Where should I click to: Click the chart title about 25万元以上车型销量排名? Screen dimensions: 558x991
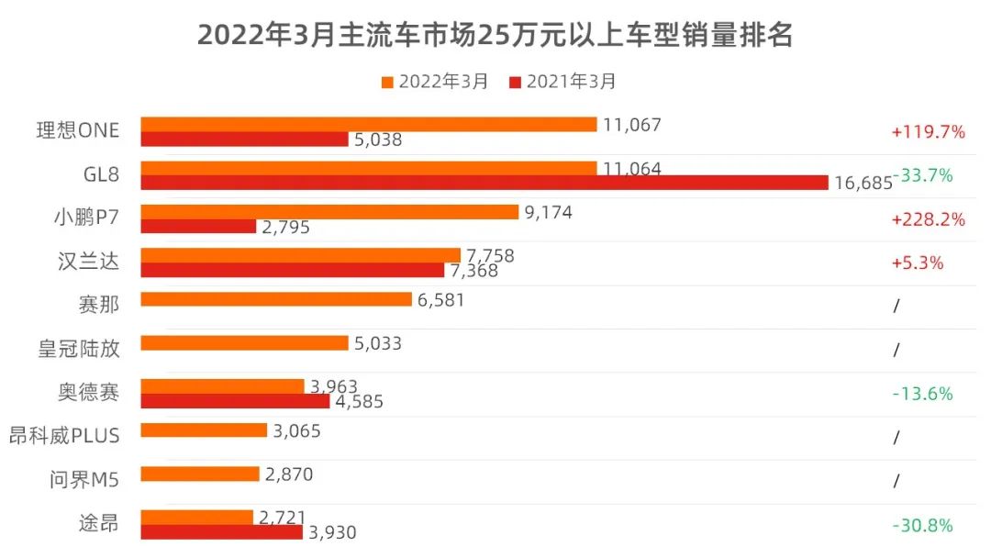tap(495, 35)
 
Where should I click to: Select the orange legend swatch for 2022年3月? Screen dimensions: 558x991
tap(387, 82)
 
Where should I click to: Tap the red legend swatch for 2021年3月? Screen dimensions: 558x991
tap(515, 82)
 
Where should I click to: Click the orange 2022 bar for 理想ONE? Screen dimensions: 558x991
tap(368, 124)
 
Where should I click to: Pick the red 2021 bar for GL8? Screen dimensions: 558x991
tap(484, 183)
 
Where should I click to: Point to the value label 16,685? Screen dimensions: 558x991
tap(863, 183)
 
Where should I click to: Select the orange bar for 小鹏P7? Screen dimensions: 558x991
tap(329, 212)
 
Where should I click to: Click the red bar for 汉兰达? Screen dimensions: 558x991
tap(292, 270)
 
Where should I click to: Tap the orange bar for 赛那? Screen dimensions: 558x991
tap(275, 299)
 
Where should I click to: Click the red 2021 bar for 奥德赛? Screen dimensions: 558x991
tap(235, 401)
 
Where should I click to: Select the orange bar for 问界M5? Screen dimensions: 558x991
tap(200, 474)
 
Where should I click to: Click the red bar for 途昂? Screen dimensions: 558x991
tap(221, 532)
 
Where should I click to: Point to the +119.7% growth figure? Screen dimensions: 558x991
tap(928, 132)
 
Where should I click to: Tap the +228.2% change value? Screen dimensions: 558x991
tap(928, 219)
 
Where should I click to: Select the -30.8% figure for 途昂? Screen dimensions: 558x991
tap(922, 526)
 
